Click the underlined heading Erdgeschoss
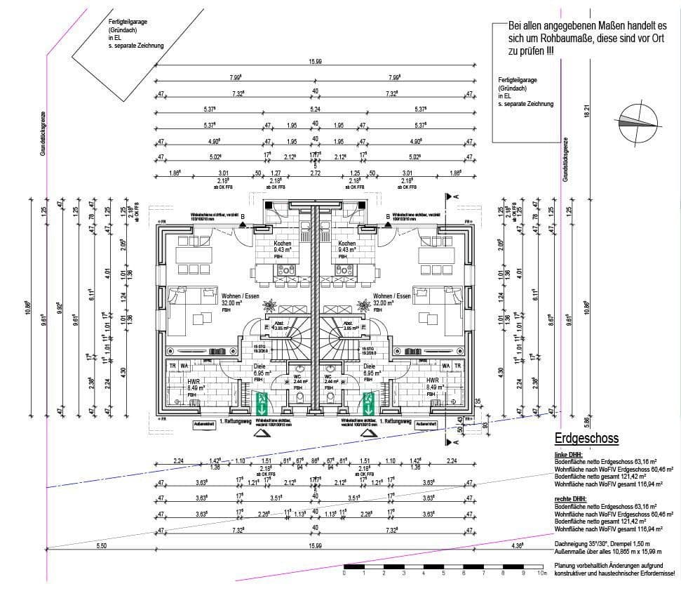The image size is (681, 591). (x=586, y=439)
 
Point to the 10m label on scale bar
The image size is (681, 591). (x=541, y=573)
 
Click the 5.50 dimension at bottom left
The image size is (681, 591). (x=101, y=545)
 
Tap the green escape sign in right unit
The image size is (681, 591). (x=368, y=404)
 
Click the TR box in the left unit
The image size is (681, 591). (x=172, y=366)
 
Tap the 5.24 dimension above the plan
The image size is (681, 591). (x=315, y=109)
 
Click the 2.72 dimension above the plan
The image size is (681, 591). (x=315, y=172)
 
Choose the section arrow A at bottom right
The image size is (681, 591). (x=457, y=443)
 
